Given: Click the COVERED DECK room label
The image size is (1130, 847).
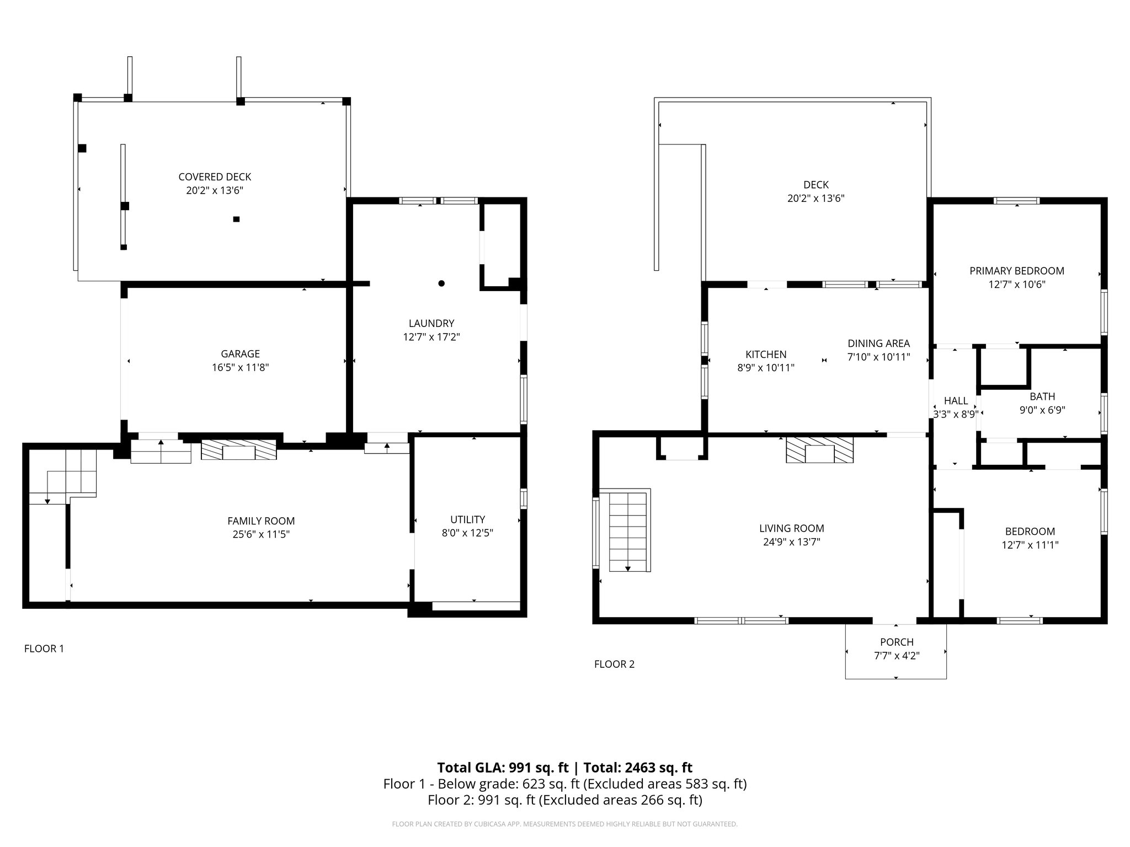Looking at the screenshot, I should pos(215,177).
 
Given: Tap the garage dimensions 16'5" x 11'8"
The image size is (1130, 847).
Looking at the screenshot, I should pos(240,368).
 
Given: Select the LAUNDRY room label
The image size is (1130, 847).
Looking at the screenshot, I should pos(431,324).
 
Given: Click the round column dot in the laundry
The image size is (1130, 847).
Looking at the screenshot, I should pos(441,283).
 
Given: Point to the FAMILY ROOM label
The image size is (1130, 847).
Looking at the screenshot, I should pos(261,521).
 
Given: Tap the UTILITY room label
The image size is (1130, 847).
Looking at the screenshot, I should pos(467,519).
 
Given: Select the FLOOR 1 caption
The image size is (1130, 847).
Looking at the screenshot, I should pos(44,649).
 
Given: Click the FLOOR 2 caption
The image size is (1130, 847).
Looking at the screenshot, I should pos(614,664).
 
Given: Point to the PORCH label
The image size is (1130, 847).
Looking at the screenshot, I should pos(897,642).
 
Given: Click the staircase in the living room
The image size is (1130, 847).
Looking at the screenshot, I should pos(628,532).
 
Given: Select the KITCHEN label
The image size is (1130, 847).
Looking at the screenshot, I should pos(766,355).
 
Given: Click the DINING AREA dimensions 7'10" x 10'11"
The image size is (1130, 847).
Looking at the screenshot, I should pos(878,357).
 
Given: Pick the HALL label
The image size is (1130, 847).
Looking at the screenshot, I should pos(956,401).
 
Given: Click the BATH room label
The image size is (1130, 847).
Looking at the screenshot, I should pos(1042,396).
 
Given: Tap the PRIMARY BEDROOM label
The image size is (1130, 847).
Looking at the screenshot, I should pos(1017,271).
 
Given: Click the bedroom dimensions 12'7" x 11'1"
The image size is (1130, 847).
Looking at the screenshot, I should pos(1030,545).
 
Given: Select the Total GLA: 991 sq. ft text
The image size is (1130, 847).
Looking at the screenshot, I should pos(503,768).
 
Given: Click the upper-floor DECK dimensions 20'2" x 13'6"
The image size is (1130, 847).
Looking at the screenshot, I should pos(815,199).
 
